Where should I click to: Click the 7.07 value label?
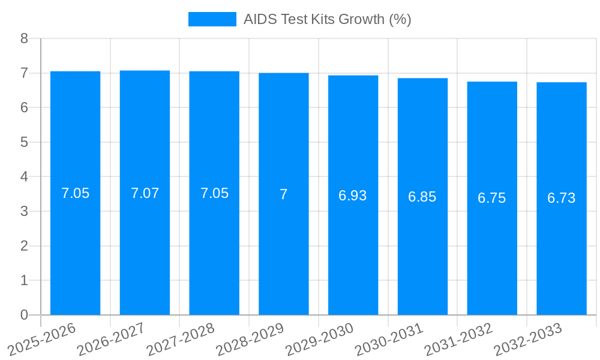coord(145,193)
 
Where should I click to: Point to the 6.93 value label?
coord(353,196)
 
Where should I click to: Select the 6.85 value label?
coord(422,197)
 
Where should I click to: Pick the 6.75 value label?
coord(492,199)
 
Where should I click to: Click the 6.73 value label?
coord(562,199)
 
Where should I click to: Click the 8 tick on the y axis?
coord(24,38)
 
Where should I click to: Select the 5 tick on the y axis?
coord(24,142)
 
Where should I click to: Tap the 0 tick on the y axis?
coord(24,315)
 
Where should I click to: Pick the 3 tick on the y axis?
coord(24,211)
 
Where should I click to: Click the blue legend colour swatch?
coord(212,19)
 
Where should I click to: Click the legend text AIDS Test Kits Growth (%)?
coord(327,19)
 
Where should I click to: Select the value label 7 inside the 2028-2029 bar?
coord(284,194)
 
